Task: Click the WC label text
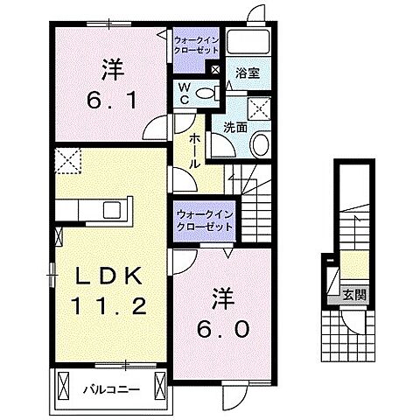point(185,92)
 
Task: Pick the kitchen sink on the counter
point(111,209)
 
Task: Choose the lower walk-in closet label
point(204,220)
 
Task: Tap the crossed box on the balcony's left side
point(63,384)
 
